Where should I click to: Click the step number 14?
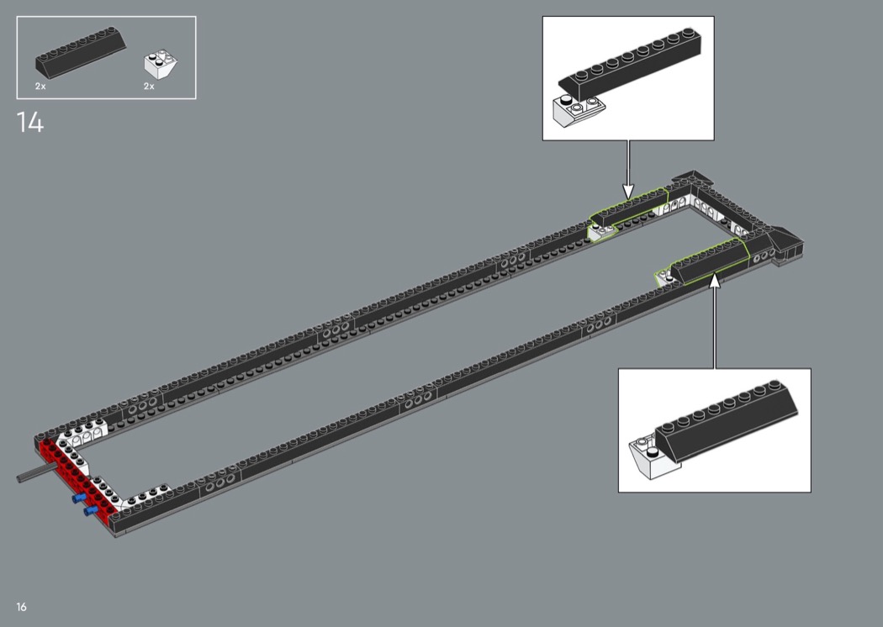coord(29,122)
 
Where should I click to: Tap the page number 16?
coord(21,607)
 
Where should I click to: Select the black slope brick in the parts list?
coord(81,51)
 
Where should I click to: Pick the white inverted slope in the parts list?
coord(161,64)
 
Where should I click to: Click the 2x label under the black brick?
coord(40,86)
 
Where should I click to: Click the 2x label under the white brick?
coord(149,86)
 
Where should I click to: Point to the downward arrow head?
coord(628,191)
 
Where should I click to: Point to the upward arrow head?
coord(715,280)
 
